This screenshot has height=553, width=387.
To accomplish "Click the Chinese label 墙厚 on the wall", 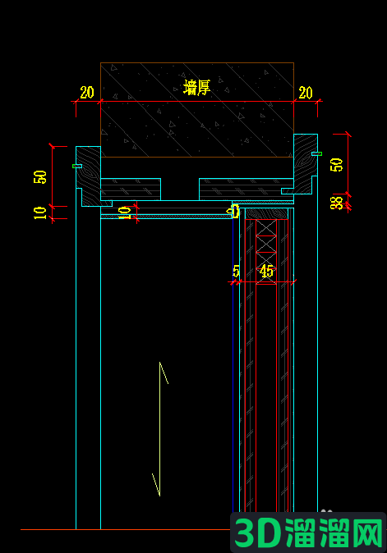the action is (x=196, y=87).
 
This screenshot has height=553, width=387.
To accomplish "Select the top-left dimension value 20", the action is (x=87, y=93).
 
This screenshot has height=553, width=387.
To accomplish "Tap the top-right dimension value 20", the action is (x=306, y=93).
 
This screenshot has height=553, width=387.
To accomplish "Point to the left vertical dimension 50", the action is (x=40, y=177).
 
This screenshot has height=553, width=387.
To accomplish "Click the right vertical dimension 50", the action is (x=336, y=165).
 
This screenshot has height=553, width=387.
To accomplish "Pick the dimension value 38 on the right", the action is (x=336, y=203).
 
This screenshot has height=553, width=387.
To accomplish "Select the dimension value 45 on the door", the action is (x=266, y=272).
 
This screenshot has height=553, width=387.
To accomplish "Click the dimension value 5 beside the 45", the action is (x=236, y=272).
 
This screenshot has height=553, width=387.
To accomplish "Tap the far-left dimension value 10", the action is (x=40, y=213).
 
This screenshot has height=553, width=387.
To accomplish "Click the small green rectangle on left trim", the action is (x=77, y=166).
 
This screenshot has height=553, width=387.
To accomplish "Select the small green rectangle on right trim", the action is (x=316, y=153).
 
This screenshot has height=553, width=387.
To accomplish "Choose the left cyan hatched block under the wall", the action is (x=131, y=190).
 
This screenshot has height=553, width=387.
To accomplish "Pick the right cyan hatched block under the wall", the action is (x=246, y=190).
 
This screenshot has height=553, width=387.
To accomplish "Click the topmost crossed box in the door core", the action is (x=266, y=227).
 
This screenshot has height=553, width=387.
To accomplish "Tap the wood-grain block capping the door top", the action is (x=266, y=213).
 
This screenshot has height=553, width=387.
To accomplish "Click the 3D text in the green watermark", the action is (x=258, y=532).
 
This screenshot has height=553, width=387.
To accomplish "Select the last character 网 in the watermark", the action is (x=366, y=532).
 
